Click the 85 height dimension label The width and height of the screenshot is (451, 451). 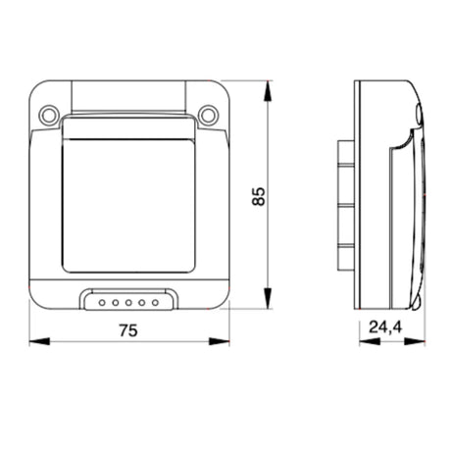click(x=259, y=196)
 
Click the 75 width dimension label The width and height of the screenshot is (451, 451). click(x=128, y=330)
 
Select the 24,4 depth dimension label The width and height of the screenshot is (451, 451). click(x=385, y=326)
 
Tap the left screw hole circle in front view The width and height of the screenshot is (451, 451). click(x=49, y=115)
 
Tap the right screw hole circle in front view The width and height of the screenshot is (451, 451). click(x=208, y=115)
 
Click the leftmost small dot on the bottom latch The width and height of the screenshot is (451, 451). click(x=102, y=303)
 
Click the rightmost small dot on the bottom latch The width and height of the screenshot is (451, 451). click(x=155, y=303)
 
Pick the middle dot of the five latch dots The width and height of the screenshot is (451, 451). click(x=128, y=303)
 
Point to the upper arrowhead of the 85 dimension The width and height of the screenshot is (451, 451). click(x=268, y=90)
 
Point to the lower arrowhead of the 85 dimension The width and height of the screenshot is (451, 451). click(x=268, y=298)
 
